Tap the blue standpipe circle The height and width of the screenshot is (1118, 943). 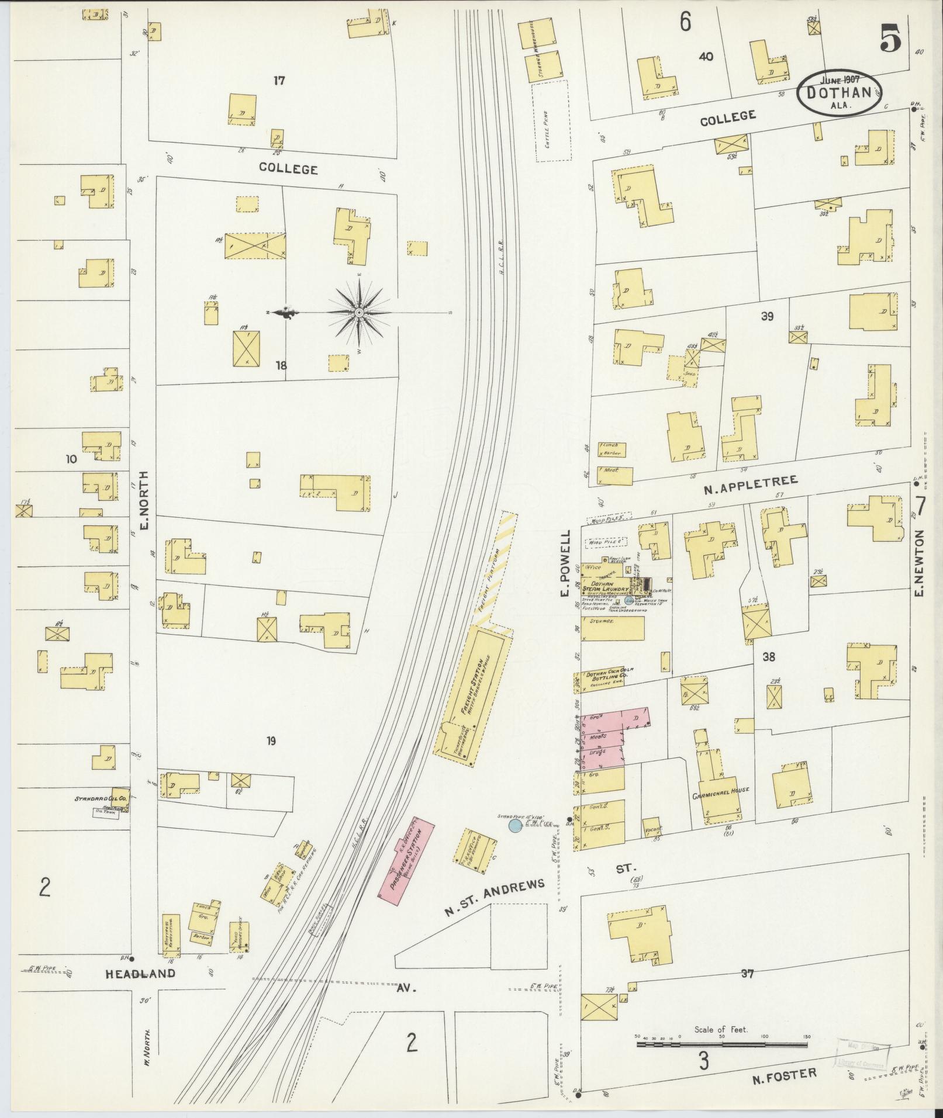tap(514, 826)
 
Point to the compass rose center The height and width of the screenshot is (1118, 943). tap(359, 314)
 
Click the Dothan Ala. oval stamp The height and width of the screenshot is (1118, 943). tap(840, 93)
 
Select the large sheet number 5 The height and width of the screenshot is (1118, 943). tap(890, 41)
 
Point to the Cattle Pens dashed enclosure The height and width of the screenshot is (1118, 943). tap(550, 121)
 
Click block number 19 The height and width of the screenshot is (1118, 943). tap(270, 741)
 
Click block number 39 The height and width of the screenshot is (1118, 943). tap(767, 316)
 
